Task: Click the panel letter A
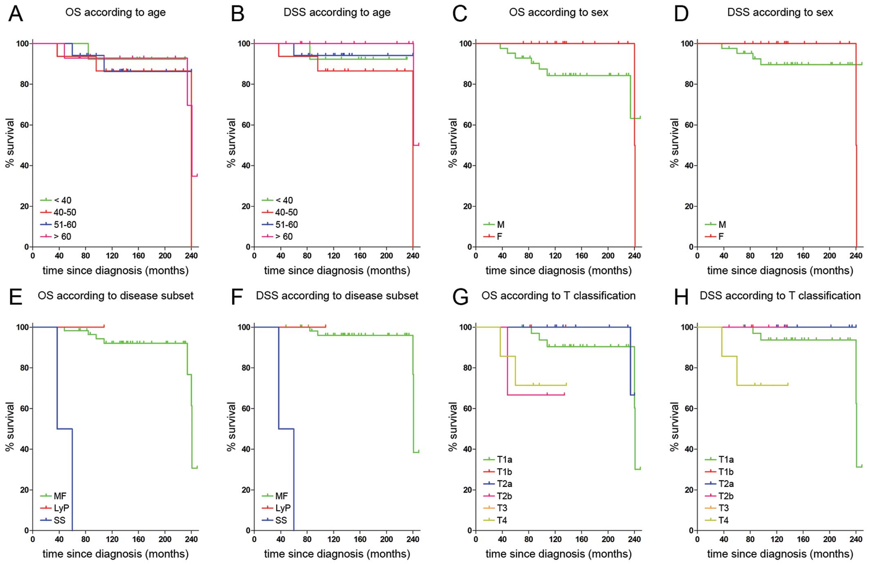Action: pos(16,14)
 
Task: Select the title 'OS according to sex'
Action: pos(558,12)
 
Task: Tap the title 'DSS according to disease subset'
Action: pos(337,296)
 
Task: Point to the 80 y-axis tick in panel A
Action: pos(24,84)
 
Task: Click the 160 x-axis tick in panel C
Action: pos(581,256)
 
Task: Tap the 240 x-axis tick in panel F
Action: pos(413,539)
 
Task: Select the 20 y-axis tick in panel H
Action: pos(689,490)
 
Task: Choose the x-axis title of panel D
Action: pos(780,270)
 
